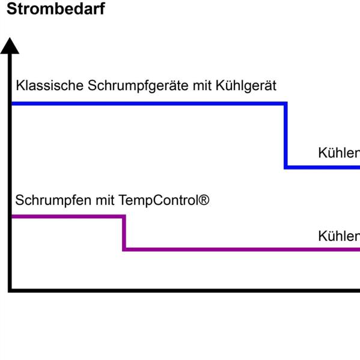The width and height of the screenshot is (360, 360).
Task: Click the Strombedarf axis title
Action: pos(56,9)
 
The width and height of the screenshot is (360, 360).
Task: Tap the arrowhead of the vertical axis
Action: pos(10,46)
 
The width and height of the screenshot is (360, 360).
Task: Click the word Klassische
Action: pos(50,85)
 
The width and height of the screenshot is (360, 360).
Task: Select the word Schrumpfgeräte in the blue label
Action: pos(138,85)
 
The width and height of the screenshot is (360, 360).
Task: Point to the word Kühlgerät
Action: pos(246,85)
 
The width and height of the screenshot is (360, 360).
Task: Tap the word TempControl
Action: pos(158,200)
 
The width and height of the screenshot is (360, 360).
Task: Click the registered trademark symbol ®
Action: pos(204,199)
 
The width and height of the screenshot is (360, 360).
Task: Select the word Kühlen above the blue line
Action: pos(339,153)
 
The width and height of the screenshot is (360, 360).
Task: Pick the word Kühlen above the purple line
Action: pos(339,236)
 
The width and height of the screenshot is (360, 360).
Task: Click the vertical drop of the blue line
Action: pos(285,135)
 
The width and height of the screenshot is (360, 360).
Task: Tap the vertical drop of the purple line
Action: pos(124,233)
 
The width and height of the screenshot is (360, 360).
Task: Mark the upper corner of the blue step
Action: pos(285,104)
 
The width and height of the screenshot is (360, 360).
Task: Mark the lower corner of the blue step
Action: pos(285,167)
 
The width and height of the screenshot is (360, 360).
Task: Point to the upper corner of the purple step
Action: pos(124,216)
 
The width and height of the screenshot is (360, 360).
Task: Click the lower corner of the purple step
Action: pos(124,249)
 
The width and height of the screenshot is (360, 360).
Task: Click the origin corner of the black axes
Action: pos(10,290)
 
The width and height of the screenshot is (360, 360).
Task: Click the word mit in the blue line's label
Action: pos(203,85)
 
